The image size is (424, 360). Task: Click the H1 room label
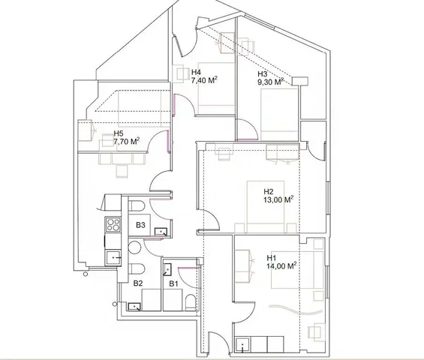click(x=272, y=257)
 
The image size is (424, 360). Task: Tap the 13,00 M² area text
click(x=278, y=199)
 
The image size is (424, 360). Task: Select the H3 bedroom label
click(x=263, y=74)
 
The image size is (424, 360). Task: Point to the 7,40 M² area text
click(x=205, y=80)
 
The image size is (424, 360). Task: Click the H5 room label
click(x=119, y=133)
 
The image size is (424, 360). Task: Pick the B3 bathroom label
click(x=140, y=225)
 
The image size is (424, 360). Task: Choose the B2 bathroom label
click(x=138, y=283)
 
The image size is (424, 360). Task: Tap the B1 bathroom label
click(x=173, y=283)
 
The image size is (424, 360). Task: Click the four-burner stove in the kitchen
click(x=113, y=224)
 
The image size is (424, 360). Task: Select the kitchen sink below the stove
click(x=113, y=258)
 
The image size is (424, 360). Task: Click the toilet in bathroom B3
click(x=137, y=205)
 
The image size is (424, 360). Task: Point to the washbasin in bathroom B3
click(x=161, y=232)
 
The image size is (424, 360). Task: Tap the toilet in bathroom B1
click(x=191, y=302)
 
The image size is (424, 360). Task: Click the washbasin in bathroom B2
click(x=134, y=307)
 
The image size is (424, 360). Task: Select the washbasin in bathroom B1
click(x=167, y=269)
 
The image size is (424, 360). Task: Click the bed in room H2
click(x=266, y=206)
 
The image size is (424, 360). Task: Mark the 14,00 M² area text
click(x=281, y=266)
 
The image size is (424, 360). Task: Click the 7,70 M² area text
click(x=127, y=141)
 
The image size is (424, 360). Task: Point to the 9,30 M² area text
click(x=271, y=82)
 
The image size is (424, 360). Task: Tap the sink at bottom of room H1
click(x=242, y=344)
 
